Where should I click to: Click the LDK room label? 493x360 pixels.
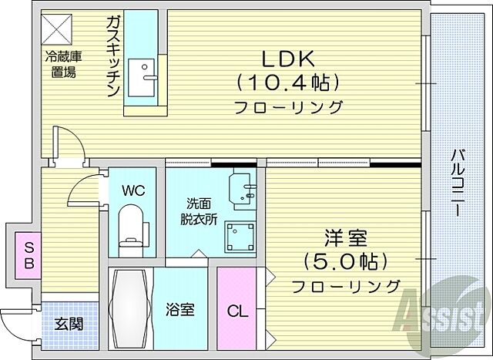coord(289,58)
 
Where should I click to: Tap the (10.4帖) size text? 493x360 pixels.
coord(289,81)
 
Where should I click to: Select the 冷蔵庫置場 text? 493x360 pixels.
coord(61,64)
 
